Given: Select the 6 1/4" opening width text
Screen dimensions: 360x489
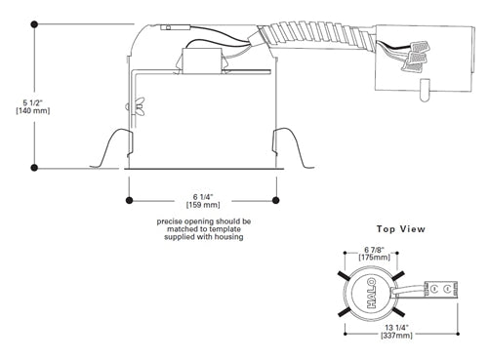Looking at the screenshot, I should point(202,195).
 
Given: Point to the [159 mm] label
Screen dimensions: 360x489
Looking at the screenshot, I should point(202,205).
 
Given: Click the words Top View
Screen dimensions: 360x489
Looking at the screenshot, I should point(400,229).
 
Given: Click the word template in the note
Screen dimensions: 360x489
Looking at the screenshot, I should point(226,229).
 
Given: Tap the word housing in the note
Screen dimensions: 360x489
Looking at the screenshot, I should point(227,237).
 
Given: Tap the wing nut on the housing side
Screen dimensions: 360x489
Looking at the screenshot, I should point(140,103).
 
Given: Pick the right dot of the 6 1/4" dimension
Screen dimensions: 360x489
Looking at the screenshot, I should point(276,200).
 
